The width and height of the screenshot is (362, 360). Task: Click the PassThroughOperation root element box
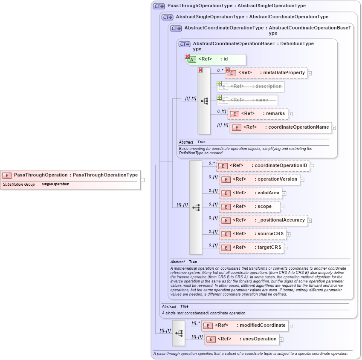tap(70, 175)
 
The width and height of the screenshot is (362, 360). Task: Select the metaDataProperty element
tap(266, 73)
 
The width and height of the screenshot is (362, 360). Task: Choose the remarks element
tap(258, 114)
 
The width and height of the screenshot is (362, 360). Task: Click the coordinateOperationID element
tap(263, 166)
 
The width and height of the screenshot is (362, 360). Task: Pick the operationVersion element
tap(259, 179)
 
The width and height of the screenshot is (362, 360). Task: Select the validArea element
tap(250, 193)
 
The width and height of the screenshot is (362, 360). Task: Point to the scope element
tap(249, 207)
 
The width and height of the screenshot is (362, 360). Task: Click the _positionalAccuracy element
tap(263, 220)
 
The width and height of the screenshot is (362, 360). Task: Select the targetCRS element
tap(252, 248)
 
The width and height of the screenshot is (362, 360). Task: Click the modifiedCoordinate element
tap(244, 325)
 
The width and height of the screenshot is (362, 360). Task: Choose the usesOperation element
tap(241, 339)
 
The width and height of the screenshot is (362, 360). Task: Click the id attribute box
tap(216, 59)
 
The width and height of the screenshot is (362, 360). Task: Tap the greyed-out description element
tap(250, 86)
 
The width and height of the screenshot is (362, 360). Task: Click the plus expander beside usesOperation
tap(281, 340)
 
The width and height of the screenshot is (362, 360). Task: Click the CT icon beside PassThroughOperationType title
tap(159, 6)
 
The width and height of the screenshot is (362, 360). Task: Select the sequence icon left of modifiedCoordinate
tap(179, 333)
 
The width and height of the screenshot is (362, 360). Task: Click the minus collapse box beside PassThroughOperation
tap(143, 180)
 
